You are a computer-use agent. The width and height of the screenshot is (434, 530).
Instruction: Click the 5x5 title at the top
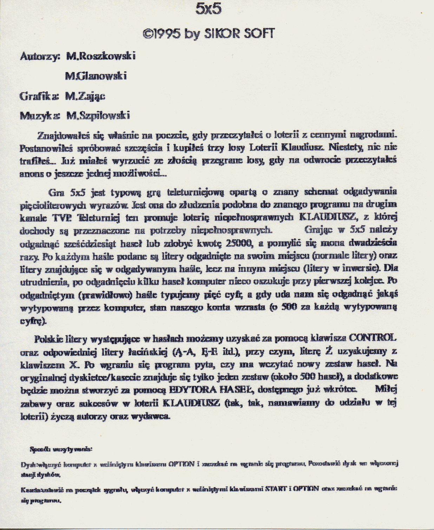coord(209,9)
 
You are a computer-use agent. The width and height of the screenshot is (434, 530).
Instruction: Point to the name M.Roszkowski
coord(101,56)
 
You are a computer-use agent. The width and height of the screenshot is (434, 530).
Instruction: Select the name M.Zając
coord(85,96)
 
